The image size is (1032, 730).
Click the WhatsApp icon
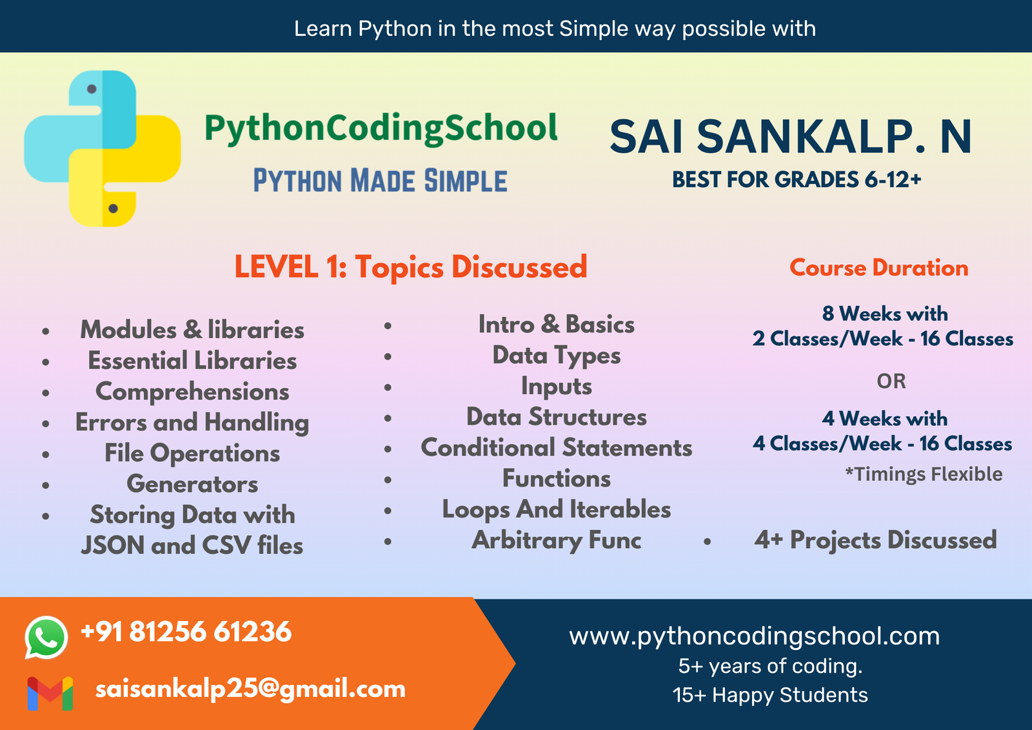pos(46,637)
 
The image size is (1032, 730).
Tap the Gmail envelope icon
pos(50,694)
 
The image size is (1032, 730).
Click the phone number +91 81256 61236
pos(186,631)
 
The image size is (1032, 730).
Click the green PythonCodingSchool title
pos(381,129)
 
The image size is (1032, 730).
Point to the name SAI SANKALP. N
pos(791,137)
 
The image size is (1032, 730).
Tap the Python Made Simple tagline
pos(381,180)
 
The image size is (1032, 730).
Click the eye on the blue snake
pos(92,89)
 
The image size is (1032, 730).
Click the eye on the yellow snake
pos(114,208)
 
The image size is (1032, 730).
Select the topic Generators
pos(193,484)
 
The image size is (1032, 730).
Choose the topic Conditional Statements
pos(557,448)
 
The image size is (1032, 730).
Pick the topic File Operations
pos(193,453)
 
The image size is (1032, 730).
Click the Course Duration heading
pos(879,268)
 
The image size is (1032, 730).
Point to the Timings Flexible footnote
pos(924,474)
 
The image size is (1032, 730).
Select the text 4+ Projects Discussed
pos(875,540)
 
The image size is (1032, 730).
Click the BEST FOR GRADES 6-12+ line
pos(797,180)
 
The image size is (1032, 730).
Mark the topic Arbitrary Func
pos(557,540)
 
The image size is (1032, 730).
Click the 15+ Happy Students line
pos(770,695)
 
